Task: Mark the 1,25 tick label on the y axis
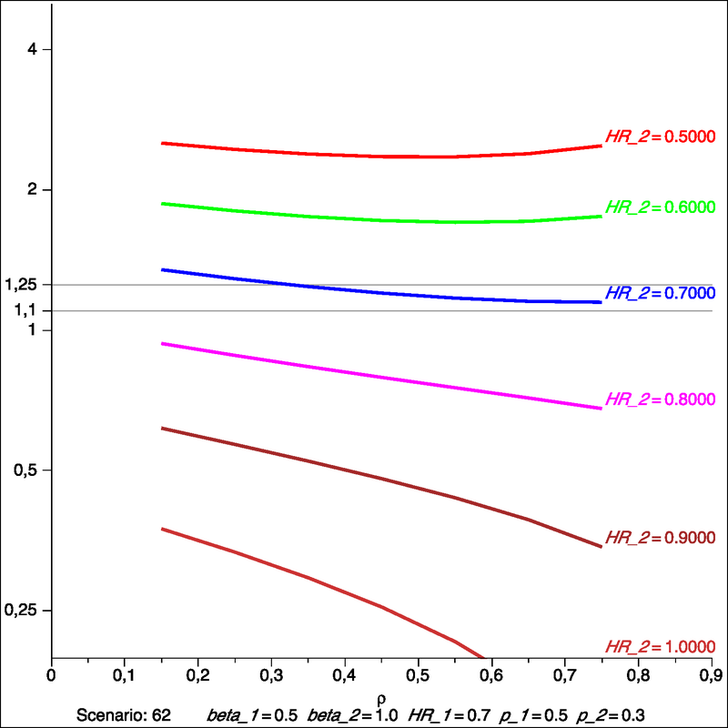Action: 20,285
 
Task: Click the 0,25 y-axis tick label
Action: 20,611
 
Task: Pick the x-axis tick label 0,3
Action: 271,676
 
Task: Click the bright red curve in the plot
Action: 382,157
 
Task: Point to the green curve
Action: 382,219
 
